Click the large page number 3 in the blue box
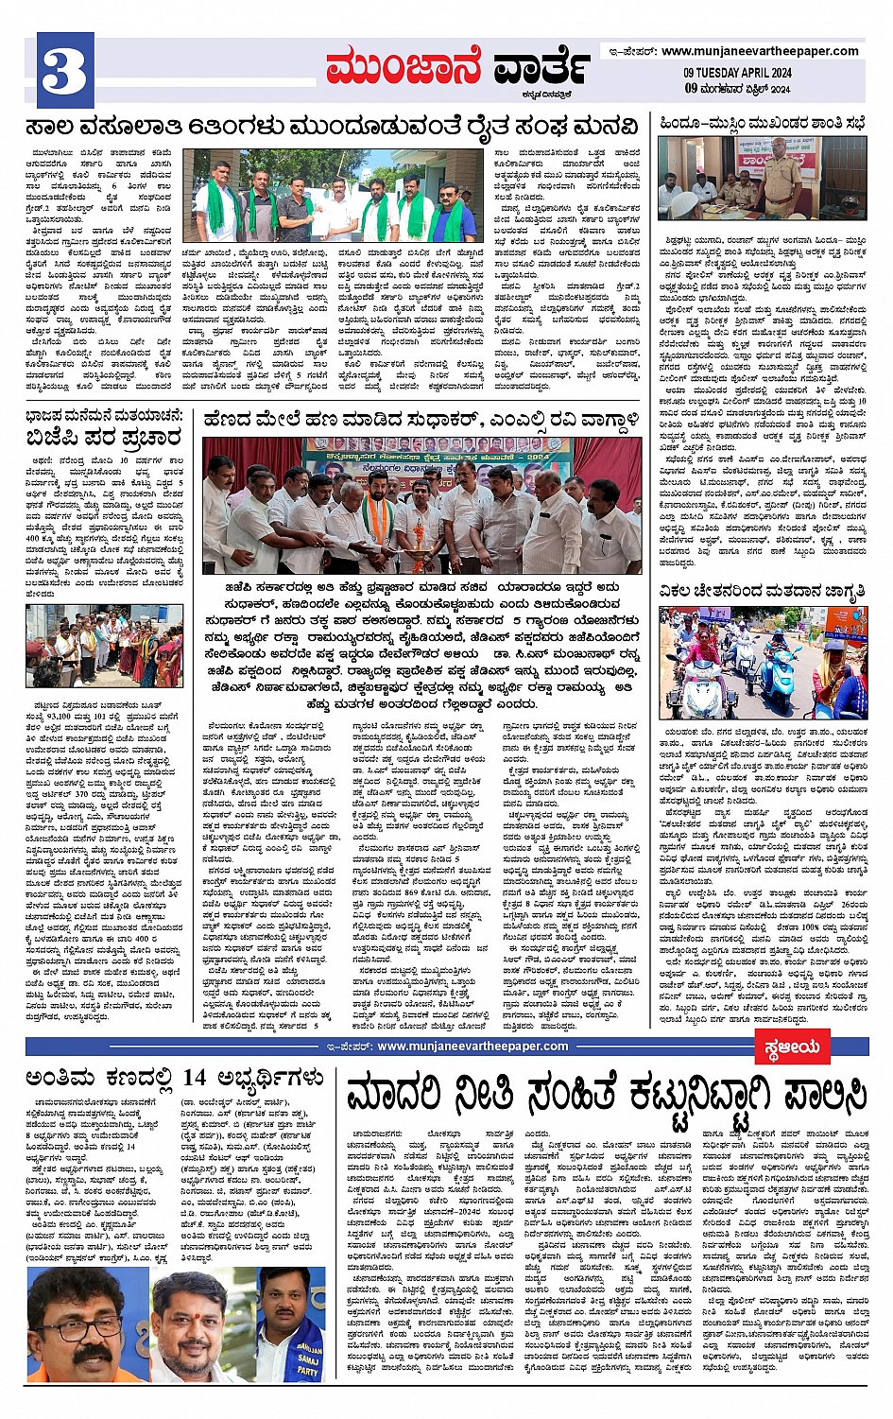65,71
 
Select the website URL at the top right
760,51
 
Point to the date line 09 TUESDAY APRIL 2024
738,74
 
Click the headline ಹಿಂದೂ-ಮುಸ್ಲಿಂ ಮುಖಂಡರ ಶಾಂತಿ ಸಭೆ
763,123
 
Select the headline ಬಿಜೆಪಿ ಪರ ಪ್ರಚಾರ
104,438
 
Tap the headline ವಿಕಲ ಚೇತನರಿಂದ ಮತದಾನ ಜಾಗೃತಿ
763,592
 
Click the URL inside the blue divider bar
472,1047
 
